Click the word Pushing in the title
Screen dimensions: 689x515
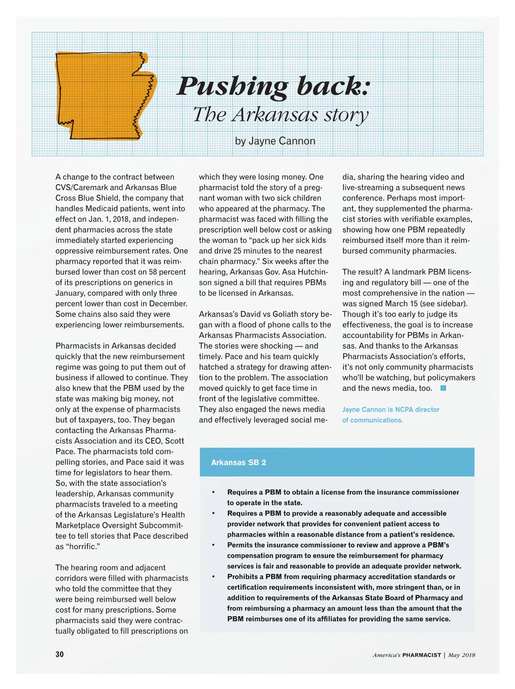[x=232, y=87]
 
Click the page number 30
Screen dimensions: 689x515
[x=60, y=654]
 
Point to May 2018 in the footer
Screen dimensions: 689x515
[x=461, y=655]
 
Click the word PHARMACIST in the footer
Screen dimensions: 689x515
[x=421, y=655]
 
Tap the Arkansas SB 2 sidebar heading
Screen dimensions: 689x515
[x=239, y=462]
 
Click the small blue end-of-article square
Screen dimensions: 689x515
[x=443, y=388]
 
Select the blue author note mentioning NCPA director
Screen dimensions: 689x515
[x=391, y=414]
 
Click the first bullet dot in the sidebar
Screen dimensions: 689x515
[x=213, y=492]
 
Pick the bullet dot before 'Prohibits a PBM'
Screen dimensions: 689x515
[x=213, y=577]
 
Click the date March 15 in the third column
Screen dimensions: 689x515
[x=408, y=304]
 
